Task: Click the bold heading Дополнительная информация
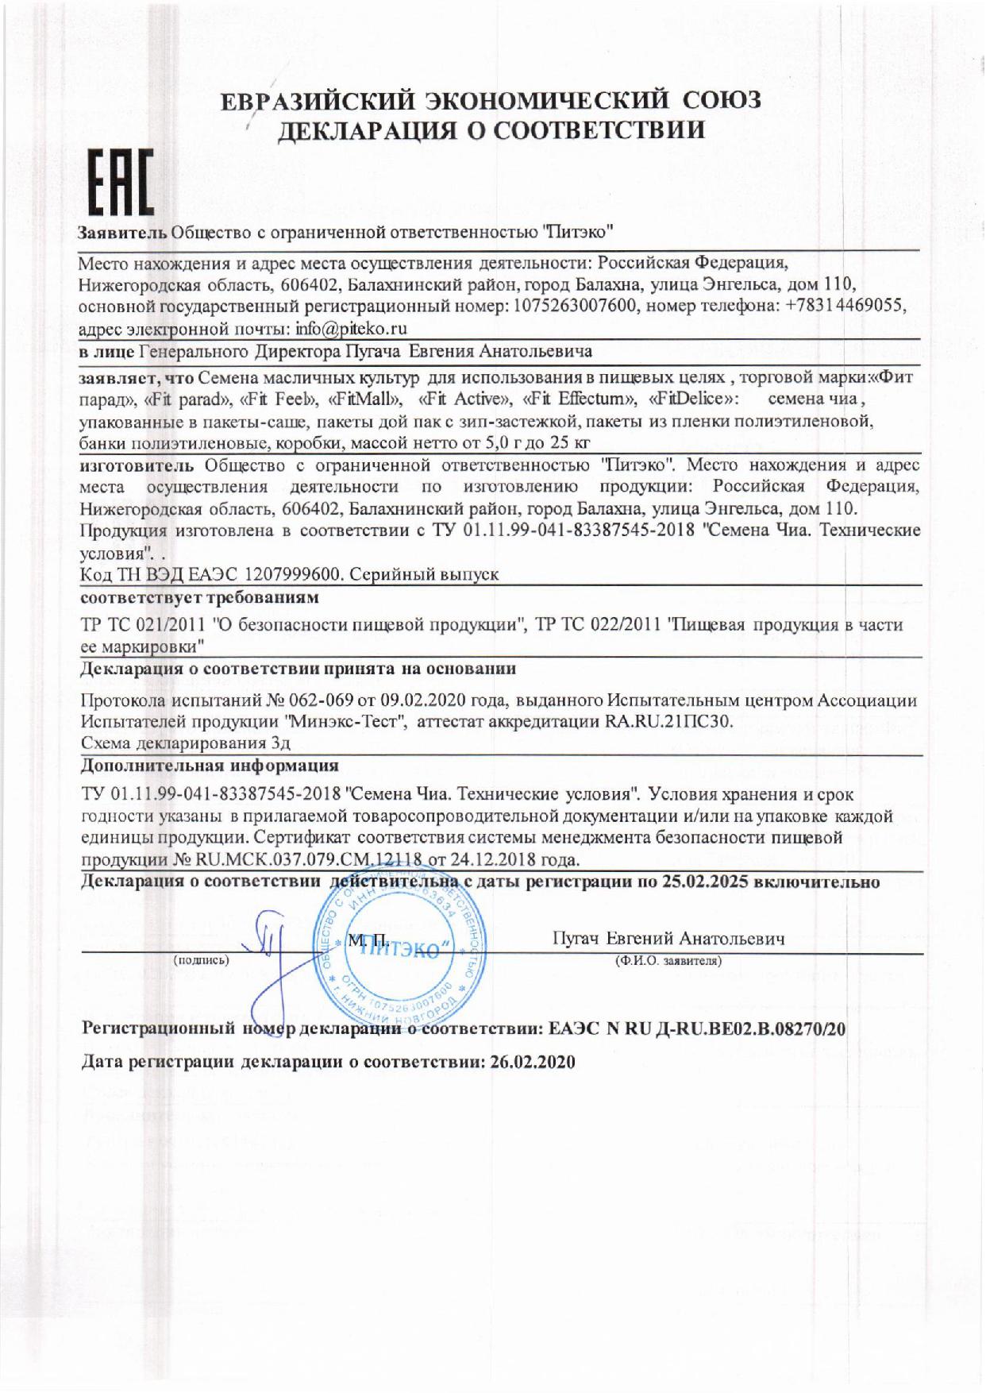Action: (x=210, y=766)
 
